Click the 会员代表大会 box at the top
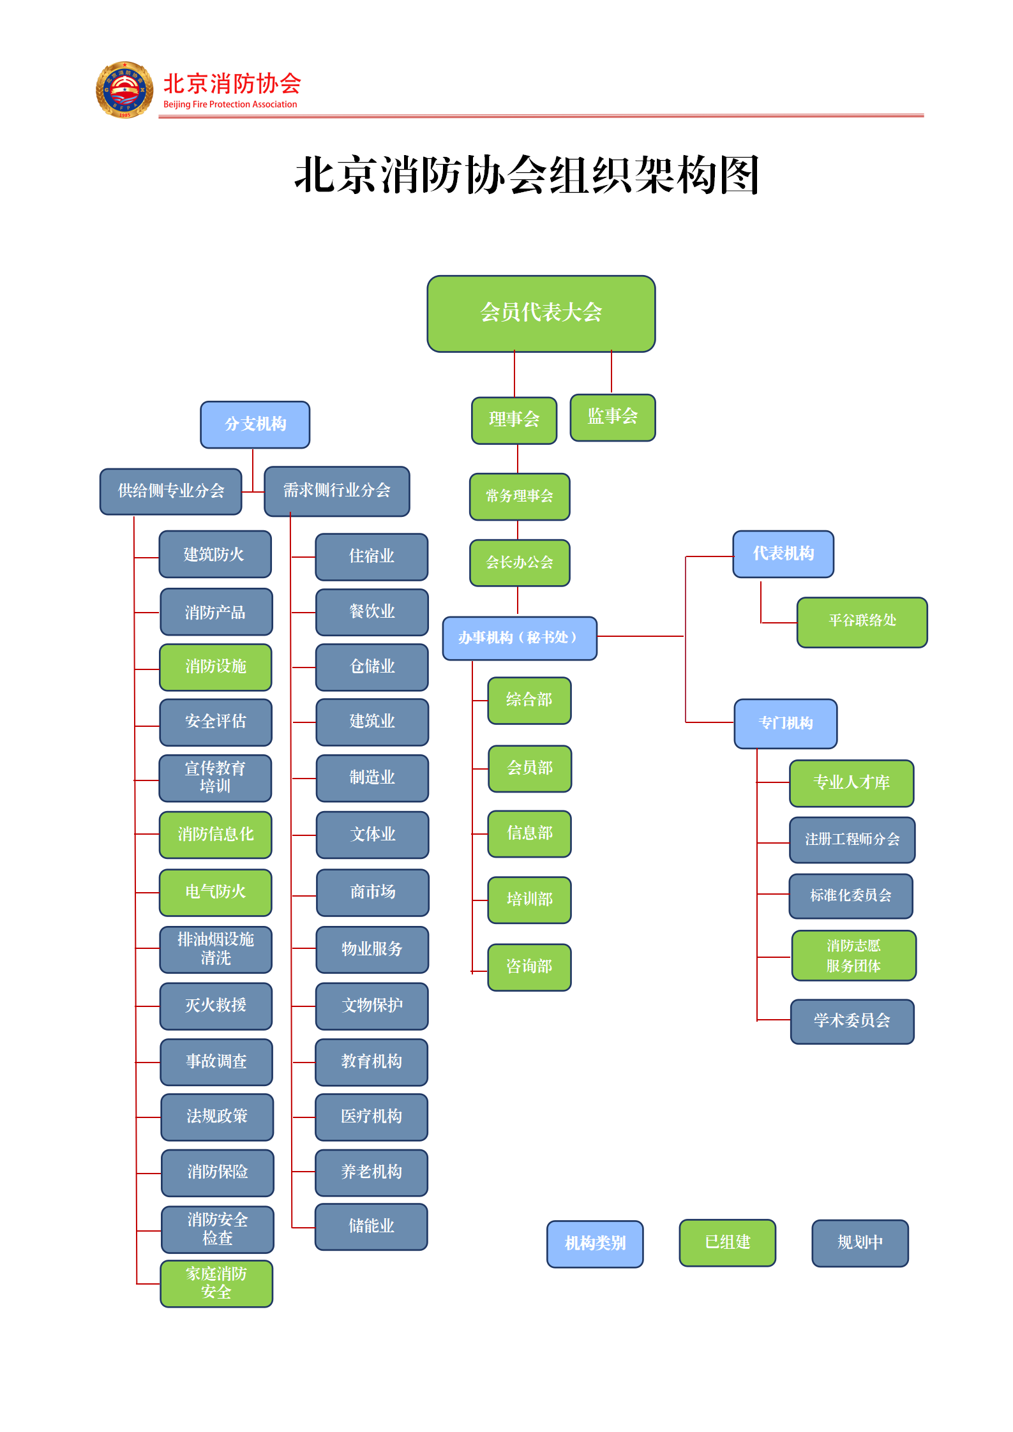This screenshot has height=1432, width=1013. click(541, 313)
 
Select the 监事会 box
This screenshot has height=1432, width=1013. click(612, 417)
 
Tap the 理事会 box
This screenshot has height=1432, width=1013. click(514, 420)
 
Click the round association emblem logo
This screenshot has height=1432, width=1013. click(124, 90)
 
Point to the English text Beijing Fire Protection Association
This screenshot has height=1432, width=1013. click(230, 105)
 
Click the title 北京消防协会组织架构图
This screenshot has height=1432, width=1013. click(527, 175)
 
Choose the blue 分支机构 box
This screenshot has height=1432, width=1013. click(255, 424)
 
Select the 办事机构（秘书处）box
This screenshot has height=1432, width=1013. click(520, 638)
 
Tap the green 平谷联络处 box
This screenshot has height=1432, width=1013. click(862, 622)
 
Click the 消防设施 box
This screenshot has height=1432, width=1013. click(216, 667)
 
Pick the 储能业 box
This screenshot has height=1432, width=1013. click(371, 1226)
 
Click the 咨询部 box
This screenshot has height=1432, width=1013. click(529, 967)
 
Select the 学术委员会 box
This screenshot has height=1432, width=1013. click(852, 1021)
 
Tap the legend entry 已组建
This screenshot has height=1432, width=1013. click(727, 1242)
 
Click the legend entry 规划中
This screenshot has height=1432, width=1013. click(860, 1242)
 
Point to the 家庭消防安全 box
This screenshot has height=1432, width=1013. click(216, 1283)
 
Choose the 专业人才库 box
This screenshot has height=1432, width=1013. click(852, 783)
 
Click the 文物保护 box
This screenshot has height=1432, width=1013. click(372, 1006)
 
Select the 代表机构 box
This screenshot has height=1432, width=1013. click(783, 554)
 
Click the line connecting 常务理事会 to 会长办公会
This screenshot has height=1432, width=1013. click(518, 530)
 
